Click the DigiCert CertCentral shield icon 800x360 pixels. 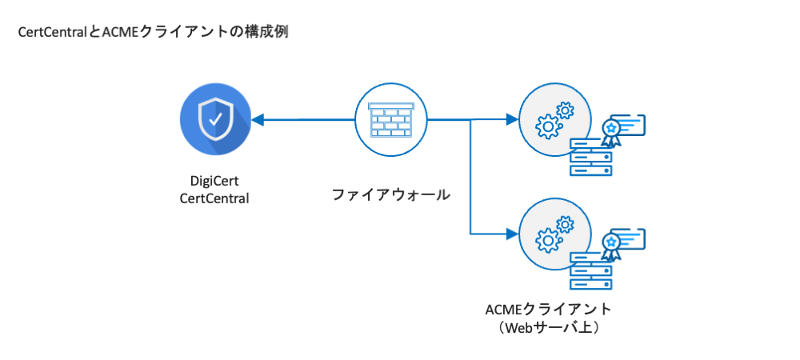[214, 120]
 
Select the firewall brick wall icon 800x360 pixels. [390, 120]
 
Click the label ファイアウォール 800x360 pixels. [390, 194]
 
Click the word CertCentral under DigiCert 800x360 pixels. [214, 198]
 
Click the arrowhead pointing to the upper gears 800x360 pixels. [512, 120]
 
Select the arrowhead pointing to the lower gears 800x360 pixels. [512, 234]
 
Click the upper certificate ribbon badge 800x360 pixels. [612, 131]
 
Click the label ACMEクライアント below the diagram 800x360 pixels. [549, 309]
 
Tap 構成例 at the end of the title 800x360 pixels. [269, 33]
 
